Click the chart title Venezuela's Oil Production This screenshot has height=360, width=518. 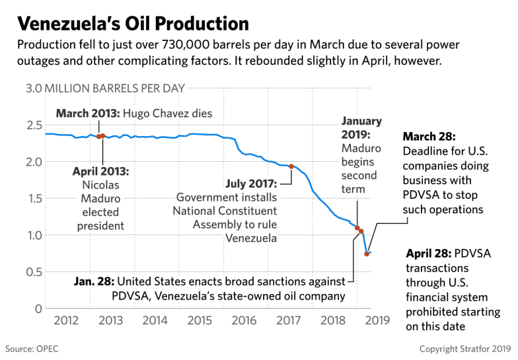tap(132, 23)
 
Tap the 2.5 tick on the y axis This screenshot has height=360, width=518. tap(34, 125)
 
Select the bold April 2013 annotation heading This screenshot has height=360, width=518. tap(101, 171)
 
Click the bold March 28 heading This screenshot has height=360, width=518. tap(428, 137)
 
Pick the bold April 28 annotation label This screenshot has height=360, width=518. tap(429, 253)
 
